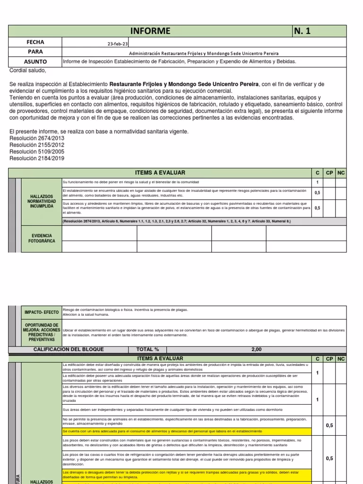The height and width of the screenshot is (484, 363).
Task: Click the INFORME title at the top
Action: [x=151, y=31]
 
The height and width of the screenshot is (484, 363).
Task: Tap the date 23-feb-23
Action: [x=118, y=44]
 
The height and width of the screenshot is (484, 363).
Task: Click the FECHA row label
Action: [x=35, y=43]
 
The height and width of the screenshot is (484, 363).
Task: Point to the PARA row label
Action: [x=35, y=52]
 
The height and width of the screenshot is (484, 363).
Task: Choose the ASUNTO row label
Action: [x=35, y=62]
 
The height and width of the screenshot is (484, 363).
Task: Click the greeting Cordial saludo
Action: [x=28, y=70]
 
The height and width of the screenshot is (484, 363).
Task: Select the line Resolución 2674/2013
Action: [x=36, y=138]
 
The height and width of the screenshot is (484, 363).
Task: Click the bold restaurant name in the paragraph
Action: [x=184, y=84]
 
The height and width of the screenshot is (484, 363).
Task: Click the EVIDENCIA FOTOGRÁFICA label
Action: [x=42, y=238]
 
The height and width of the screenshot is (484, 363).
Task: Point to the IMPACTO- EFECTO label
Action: [x=42, y=312]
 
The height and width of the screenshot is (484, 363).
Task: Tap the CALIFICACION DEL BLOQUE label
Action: [x=69, y=349]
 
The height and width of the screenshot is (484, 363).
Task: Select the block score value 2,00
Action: [x=256, y=349]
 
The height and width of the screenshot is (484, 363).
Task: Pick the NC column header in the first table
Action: [x=341, y=173]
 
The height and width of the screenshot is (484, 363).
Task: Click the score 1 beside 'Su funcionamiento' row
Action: [x=318, y=182]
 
